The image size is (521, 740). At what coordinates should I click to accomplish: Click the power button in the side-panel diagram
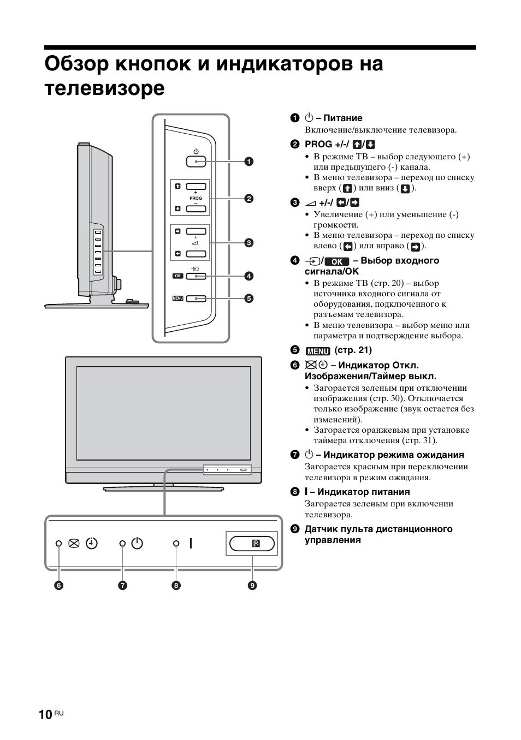coord(196,161)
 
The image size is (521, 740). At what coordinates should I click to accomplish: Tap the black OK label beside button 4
coord(177,276)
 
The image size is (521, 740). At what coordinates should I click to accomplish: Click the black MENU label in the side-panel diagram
coord(177,299)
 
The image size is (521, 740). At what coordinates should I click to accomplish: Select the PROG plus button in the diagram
coord(196,186)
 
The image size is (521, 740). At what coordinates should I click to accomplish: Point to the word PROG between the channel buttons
coord(196,198)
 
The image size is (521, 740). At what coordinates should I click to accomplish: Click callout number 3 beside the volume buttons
coord(248,243)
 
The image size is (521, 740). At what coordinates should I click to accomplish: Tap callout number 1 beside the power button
coord(248,161)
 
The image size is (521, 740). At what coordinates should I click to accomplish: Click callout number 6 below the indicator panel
coord(58,586)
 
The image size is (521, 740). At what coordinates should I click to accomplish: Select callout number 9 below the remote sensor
coord(252,586)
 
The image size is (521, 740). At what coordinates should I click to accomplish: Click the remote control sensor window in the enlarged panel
coord(252,544)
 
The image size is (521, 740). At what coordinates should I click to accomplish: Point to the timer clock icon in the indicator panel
coord(92,544)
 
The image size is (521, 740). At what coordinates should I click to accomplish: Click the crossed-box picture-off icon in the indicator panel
coord(74,544)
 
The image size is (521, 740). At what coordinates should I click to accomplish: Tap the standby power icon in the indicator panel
coord(137,544)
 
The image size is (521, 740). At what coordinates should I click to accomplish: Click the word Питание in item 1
coord(343,118)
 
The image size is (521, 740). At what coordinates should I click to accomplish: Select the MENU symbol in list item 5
coord(317,351)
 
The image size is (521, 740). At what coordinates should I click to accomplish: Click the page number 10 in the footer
coord(46,715)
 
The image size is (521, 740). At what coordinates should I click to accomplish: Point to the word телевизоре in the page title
coord(104,88)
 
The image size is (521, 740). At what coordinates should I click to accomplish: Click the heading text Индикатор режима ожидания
coord(393,455)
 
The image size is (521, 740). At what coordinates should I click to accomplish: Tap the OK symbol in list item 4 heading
coord(336,261)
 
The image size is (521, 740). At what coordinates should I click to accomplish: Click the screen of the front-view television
coord(163,413)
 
